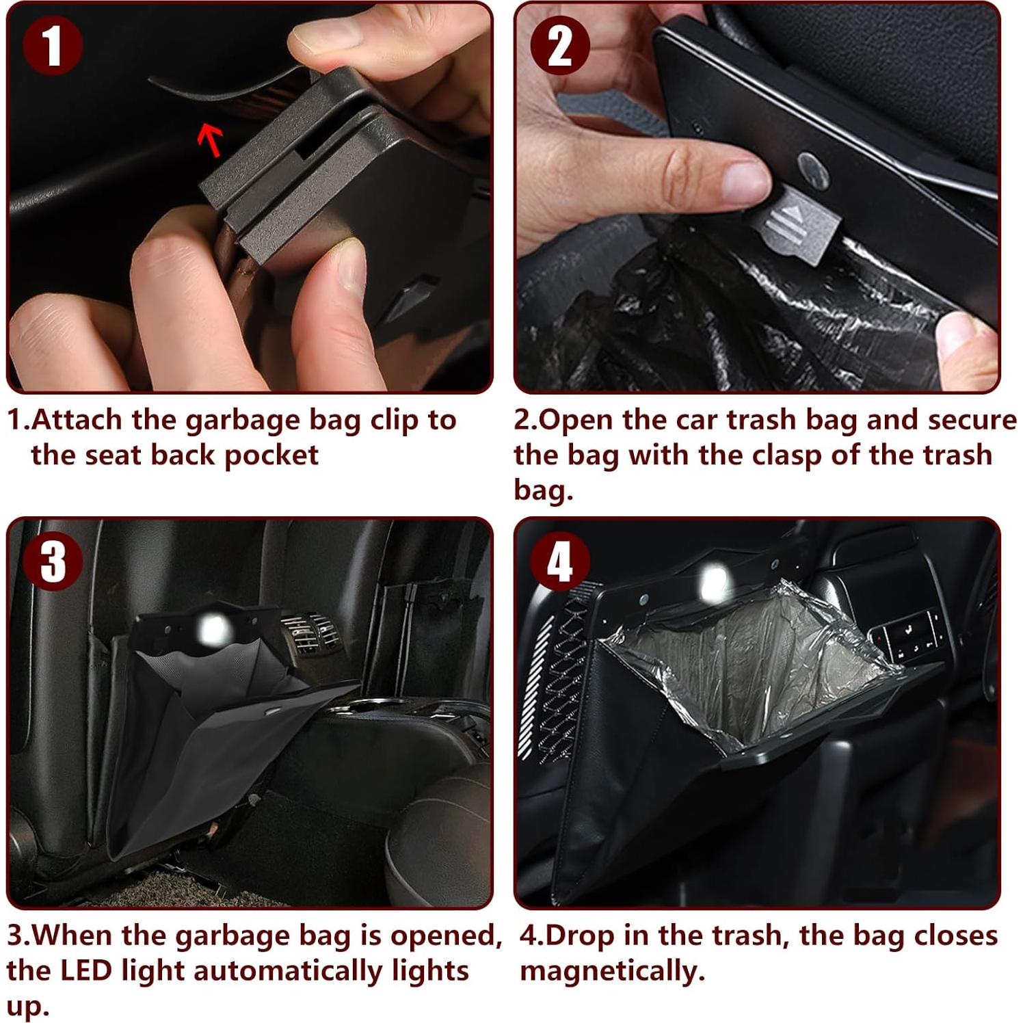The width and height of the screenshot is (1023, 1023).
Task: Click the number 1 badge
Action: [x=53, y=45]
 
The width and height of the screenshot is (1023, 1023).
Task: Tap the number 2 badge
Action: [x=560, y=45]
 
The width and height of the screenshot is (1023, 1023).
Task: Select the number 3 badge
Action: [x=53, y=561]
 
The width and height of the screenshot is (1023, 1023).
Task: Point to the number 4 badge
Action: [x=560, y=561]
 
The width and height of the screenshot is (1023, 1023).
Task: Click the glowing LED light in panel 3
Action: [x=213, y=629]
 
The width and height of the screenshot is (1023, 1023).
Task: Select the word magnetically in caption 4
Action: [x=612, y=972]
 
